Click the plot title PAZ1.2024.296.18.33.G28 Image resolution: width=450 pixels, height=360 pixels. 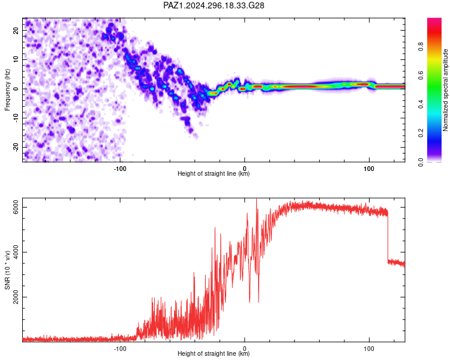[214, 5]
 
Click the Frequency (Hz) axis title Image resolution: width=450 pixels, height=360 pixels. [7, 90]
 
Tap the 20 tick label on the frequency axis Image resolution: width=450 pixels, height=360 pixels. [16, 30]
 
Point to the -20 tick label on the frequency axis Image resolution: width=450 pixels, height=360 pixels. [16, 147]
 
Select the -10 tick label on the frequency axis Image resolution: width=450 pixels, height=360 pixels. [16, 118]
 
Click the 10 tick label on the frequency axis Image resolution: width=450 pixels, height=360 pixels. [16, 59]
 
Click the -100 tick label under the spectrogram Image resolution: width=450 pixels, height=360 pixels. [120, 169]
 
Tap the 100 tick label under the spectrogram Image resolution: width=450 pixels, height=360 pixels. [369, 169]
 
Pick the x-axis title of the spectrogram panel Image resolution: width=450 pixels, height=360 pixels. [214, 173]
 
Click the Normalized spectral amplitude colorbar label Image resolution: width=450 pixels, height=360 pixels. [445, 90]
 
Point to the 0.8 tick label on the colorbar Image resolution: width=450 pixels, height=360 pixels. [421, 47]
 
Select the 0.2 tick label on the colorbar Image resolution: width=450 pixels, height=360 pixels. [421, 133]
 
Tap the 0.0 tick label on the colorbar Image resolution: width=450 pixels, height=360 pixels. [421, 162]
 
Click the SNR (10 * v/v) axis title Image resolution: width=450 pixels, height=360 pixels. [7, 270]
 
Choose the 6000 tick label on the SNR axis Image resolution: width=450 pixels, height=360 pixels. [16, 207]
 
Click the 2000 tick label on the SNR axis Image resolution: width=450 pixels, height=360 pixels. [16, 297]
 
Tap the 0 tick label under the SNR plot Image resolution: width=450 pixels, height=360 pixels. [245, 349]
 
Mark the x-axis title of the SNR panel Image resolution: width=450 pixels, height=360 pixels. [214, 353]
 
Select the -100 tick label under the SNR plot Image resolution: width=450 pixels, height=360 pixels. [120, 349]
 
